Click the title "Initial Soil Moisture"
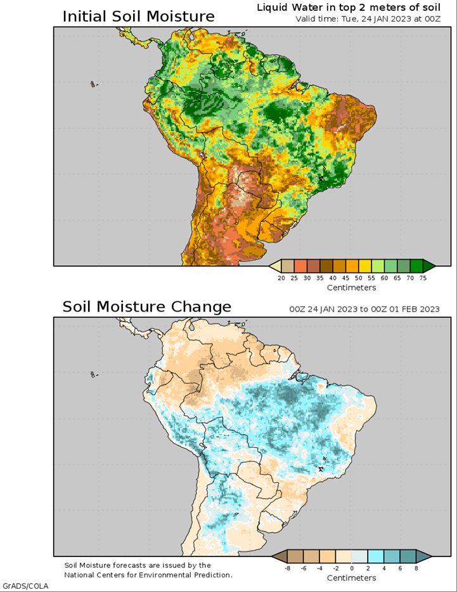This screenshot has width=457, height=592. coord(138,16)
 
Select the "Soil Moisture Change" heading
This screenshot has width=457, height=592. coord(146,307)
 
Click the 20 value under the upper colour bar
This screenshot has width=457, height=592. coord(281,277)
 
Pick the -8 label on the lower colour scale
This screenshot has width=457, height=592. coord(287,568)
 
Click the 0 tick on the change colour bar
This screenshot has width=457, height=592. coord(351,568)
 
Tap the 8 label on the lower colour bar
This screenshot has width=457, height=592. coord(416,568)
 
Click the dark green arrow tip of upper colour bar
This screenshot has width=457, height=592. coord(429,265)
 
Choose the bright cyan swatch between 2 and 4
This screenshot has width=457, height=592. coord(375,556)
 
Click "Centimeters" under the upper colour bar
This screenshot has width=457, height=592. coord(351,287)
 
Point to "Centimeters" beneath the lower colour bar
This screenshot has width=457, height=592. coord(351,578)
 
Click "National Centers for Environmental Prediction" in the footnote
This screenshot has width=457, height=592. coord(148,575)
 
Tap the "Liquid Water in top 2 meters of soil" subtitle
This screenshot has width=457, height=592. coord(348,7)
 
